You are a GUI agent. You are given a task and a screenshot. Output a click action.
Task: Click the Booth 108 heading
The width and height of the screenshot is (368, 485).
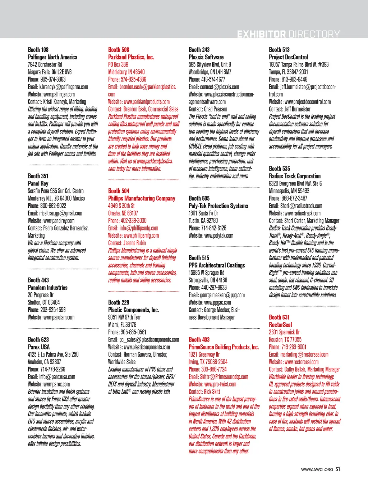38,50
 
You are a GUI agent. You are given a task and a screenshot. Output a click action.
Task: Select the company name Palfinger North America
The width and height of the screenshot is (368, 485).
52,57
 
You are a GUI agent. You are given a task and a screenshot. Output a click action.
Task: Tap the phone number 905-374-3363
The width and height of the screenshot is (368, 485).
53,79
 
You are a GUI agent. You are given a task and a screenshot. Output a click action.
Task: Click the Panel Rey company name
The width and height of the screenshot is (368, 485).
38,183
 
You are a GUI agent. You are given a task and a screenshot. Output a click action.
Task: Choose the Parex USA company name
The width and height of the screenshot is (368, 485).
39,347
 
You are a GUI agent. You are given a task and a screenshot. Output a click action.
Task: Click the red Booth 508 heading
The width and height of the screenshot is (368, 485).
119,50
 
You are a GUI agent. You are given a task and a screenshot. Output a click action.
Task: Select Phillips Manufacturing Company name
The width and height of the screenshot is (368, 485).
142,198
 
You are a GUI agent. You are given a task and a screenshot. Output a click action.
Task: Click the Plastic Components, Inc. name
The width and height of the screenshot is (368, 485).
133,310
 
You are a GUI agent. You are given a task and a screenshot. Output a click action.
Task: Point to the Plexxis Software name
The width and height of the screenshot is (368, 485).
206,57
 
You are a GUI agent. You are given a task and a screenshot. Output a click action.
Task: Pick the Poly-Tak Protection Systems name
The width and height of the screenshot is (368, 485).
218,206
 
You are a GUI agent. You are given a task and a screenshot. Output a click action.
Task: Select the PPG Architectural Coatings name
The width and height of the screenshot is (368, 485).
217,265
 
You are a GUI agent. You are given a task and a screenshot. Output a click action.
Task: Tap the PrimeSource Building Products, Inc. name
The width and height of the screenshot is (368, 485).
224,347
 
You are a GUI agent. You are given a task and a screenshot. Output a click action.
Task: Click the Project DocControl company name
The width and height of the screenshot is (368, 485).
288,57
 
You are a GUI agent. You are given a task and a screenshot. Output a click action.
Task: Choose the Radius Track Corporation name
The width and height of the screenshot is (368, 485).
295,176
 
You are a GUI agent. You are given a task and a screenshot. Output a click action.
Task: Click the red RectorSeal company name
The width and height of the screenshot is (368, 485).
280,325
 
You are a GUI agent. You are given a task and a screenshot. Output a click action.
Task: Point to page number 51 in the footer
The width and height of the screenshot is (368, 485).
338,469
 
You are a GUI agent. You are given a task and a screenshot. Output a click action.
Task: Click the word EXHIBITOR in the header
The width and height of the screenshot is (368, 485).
261,34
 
